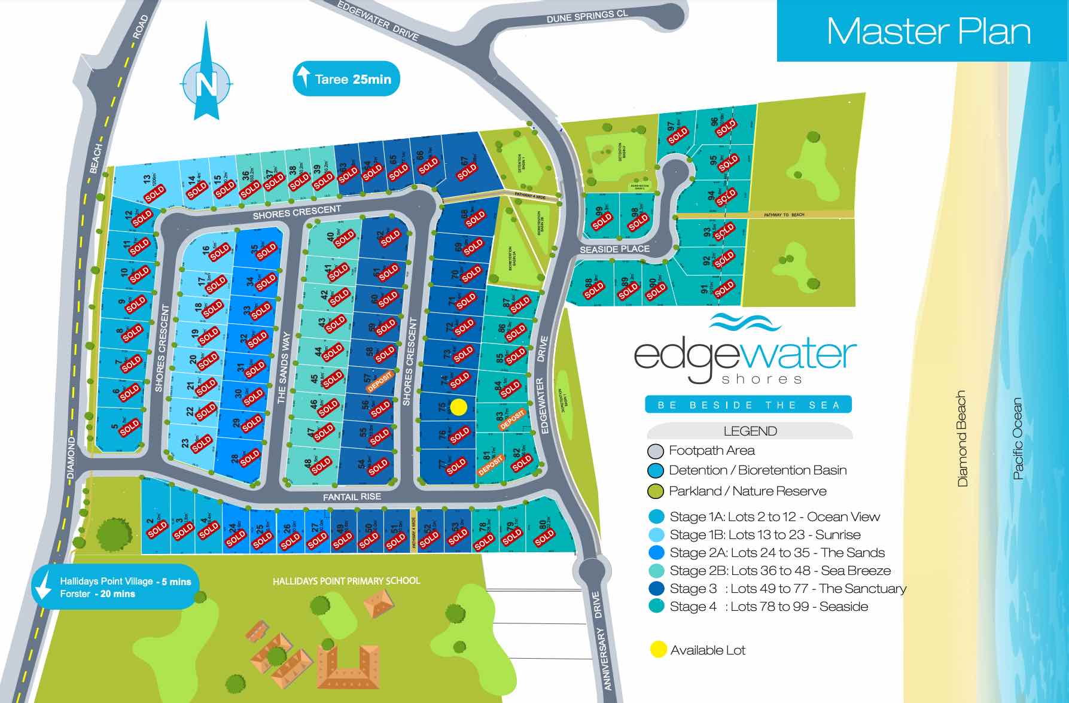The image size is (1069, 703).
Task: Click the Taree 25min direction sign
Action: pyautogui.click(x=346, y=79)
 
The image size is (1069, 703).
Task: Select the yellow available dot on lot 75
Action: pyautogui.click(x=458, y=407)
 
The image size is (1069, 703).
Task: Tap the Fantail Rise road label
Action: pyautogui.click(x=352, y=497)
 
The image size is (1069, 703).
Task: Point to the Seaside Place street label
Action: pyautogui.click(x=614, y=249)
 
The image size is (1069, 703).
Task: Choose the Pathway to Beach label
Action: pyautogui.click(x=784, y=215)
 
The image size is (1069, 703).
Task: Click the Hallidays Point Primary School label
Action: pyautogui.click(x=346, y=581)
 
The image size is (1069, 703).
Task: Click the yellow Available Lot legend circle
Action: pyautogui.click(x=658, y=650)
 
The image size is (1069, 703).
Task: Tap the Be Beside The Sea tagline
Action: pyautogui.click(x=748, y=405)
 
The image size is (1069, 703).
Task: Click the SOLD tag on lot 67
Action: pyautogui.click(x=467, y=172)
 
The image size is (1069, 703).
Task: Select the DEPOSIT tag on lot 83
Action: pyautogui.click(x=513, y=419)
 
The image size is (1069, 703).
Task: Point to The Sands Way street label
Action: pyautogui.click(x=282, y=369)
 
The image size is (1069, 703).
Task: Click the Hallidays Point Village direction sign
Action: pyautogui.click(x=117, y=587)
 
